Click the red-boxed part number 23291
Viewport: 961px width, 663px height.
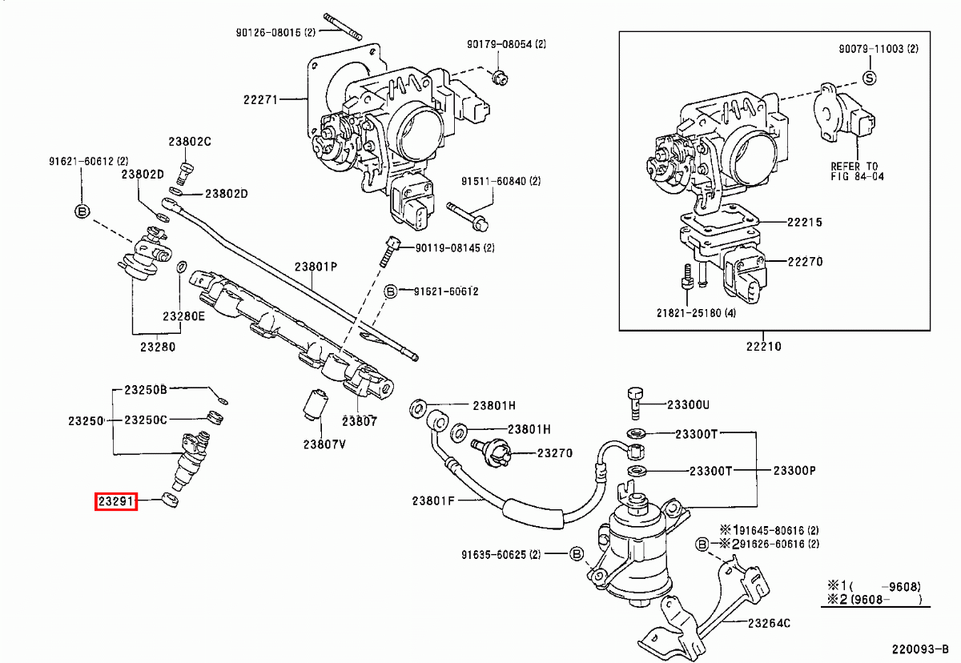click(x=116, y=502)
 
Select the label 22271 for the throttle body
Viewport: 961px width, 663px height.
click(x=260, y=100)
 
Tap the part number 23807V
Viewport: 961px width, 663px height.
click(x=324, y=445)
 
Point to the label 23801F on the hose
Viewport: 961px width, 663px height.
click(x=433, y=501)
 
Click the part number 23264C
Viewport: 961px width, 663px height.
click(x=769, y=623)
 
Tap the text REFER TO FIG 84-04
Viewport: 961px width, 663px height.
click(x=857, y=171)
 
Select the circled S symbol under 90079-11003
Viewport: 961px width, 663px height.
click(x=870, y=78)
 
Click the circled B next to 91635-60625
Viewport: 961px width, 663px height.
click(x=576, y=554)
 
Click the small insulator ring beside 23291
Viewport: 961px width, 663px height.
click(x=170, y=501)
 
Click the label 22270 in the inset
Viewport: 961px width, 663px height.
click(x=805, y=262)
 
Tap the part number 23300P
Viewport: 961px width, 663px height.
click(x=794, y=470)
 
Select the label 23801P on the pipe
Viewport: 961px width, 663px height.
click(x=316, y=267)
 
